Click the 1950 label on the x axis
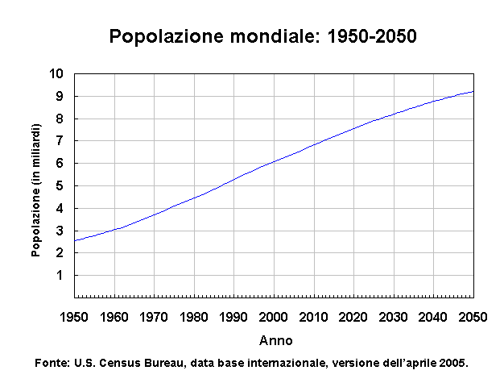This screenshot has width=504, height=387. coord(74,316)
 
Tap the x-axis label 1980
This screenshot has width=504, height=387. coord(194,316)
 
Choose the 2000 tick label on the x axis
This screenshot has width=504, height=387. coord(274,316)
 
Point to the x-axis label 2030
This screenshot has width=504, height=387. coord(394,316)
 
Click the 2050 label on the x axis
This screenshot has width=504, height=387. coord(473,316)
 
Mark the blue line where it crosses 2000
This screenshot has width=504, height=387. coord(274,161)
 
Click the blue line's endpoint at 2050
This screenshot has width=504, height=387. coord(473,91)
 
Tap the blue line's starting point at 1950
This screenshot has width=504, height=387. coord(75,240)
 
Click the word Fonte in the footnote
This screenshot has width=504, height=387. coord(52,363)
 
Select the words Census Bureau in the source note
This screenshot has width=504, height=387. coord(138,363)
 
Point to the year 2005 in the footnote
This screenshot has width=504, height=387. coord(453,363)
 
